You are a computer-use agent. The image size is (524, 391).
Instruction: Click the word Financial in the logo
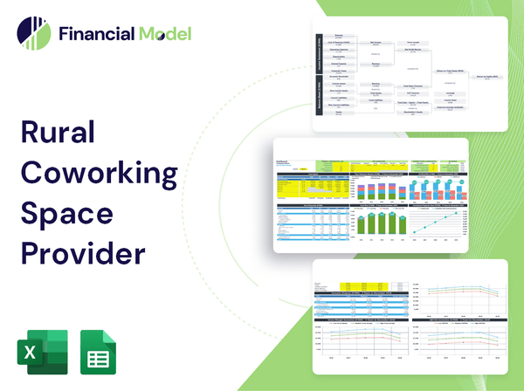97,34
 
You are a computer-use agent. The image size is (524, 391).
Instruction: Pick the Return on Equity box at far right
489,76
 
